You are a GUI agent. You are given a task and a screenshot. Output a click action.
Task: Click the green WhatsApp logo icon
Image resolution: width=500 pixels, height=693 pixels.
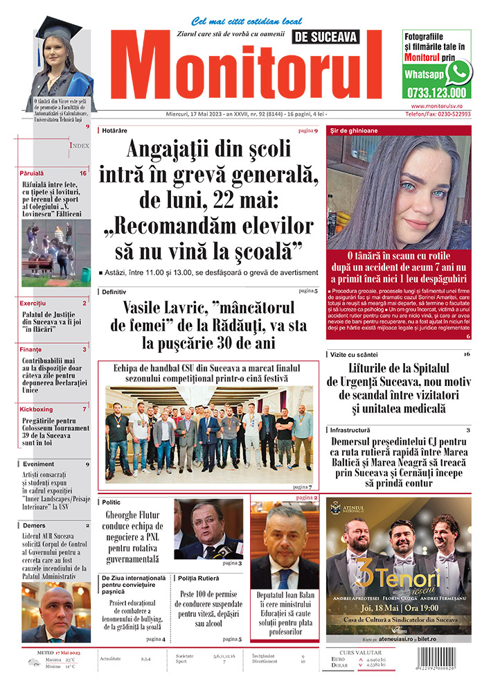(458, 72)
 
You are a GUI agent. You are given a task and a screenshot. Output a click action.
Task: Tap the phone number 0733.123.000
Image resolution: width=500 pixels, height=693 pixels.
(436, 92)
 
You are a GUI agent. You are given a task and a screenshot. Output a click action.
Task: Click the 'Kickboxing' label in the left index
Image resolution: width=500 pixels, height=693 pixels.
(36, 409)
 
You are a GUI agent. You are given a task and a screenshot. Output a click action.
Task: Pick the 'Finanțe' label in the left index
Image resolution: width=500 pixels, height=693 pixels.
(30, 349)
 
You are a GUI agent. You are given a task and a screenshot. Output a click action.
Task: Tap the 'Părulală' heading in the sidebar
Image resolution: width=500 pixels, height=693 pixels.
(32, 173)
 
